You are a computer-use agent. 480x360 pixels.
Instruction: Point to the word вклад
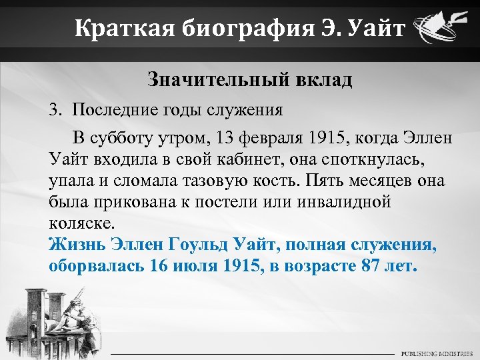click(x=321, y=81)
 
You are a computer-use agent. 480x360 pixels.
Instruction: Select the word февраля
click(x=273, y=139)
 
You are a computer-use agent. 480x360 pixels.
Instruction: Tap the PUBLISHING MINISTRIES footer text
click(x=437, y=353)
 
